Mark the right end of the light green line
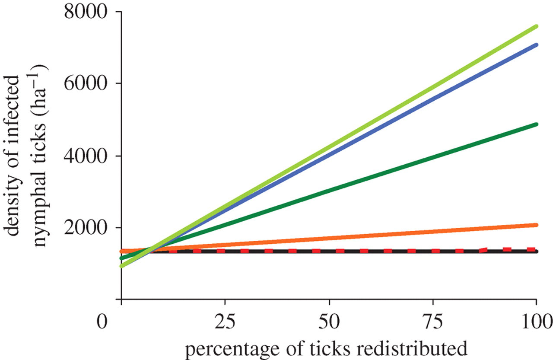click(536, 26)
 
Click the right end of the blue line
click(536, 45)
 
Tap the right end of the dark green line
click(536, 124)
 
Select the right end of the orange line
click(536, 225)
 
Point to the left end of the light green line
click(122, 266)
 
